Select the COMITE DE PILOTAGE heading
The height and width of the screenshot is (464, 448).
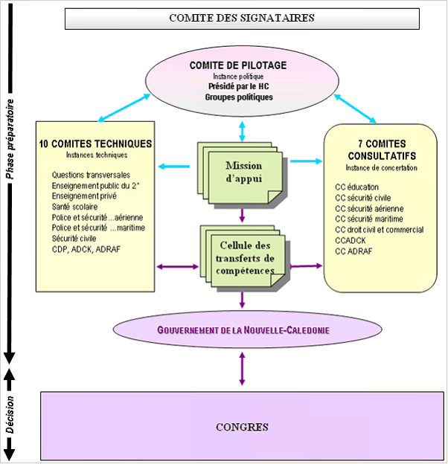pyautogui.click(x=238, y=65)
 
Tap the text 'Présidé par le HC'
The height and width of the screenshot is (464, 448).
pyautogui.click(x=238, y=86)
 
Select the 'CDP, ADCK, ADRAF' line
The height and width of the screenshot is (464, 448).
pyautogui.click(x=86, y=249)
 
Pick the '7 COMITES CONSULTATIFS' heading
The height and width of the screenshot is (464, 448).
pyautogui.click(x=382, y=149)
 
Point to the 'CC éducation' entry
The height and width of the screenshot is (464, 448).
pyautogui.click(x=357, y=187)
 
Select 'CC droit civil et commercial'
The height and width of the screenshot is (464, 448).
pyautogui.click(x=380, y=230)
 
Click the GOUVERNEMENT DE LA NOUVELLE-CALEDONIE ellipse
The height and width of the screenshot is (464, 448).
pyautogui.click(x=242, y=329)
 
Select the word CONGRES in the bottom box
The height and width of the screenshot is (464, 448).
pyautogui.click(x=242, y=427)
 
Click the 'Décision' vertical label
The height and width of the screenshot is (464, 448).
pyautogui.click(x=10, y=417)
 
